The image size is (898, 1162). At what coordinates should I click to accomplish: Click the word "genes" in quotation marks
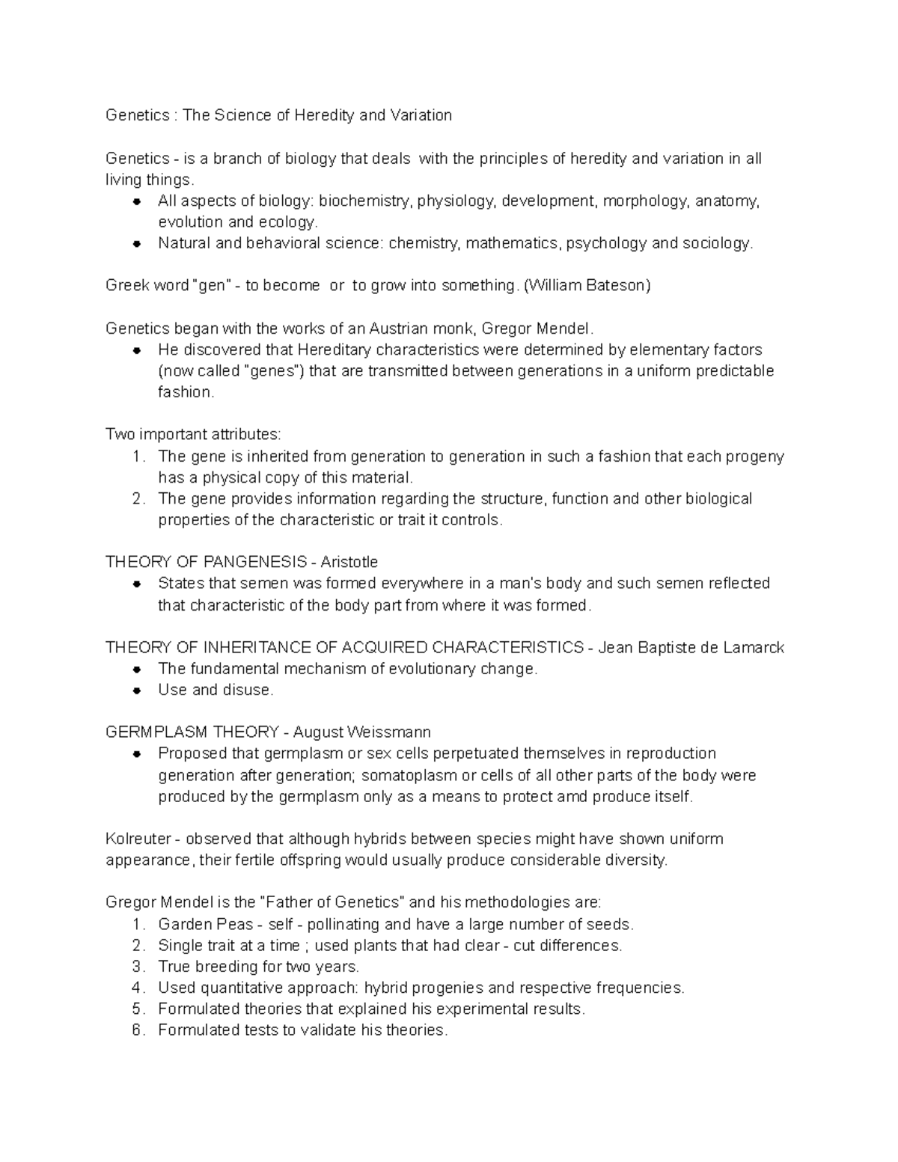[266, 371]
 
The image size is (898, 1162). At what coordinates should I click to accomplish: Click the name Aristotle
[349, 562]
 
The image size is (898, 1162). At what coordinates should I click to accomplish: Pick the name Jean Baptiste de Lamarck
[691, 647]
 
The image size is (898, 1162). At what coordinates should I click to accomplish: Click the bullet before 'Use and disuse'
[137, 691]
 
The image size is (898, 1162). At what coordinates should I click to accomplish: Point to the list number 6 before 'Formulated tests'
[137, 1030]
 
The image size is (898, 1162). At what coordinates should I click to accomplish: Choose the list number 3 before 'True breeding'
[137, 967]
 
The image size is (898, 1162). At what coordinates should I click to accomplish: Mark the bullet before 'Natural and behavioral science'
[137, 244]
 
